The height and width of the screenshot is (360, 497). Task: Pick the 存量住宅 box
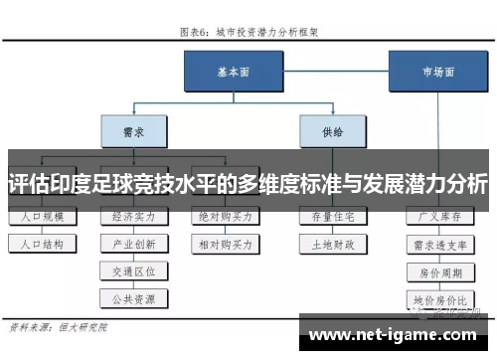[330, 215]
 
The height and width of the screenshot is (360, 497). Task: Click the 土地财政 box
[330, 242]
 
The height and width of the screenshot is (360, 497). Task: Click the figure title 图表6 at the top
[248, 31]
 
